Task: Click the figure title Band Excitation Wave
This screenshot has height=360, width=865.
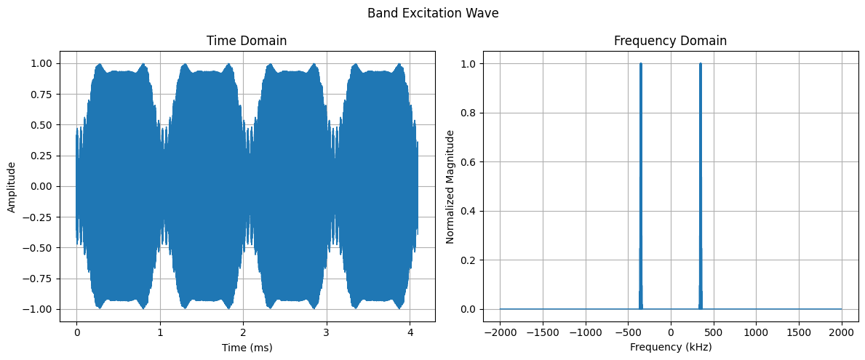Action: pyautogui.click(x=432, y=13)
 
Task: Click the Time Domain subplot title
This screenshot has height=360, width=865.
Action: pyautogui.click(x=247, y=41)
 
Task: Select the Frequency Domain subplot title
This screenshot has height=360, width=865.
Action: pyautogui.click(x=670, y=41)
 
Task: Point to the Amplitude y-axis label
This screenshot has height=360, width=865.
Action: pyautogui.click(x=12, y=186)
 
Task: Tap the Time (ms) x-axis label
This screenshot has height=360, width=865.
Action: pyautogui.click(x=247, y=348)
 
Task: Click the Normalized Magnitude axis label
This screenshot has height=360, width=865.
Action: pyautogui.click(x=450, y=186)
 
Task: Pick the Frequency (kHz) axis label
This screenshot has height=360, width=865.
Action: pyautogui.click(x=670, y=348)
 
